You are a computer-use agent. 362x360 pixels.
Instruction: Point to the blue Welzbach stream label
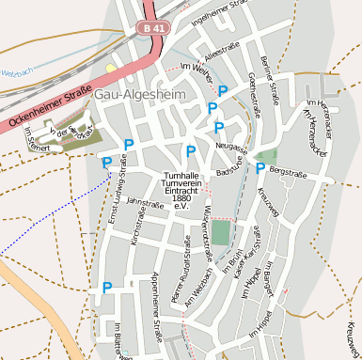click(x=16, y=72)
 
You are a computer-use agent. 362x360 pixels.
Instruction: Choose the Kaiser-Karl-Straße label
click(x=251, y=250)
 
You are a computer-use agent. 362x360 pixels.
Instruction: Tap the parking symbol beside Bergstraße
click(x=260, y=169)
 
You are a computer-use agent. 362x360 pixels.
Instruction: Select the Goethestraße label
click(x=254, y=95)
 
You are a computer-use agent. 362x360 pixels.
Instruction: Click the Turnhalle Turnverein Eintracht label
click(x=181, y=191)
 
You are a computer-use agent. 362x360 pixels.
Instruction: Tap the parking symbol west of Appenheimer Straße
click(x=107, y=288)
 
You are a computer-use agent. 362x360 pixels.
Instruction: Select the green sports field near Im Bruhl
click(x=220, y=232)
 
